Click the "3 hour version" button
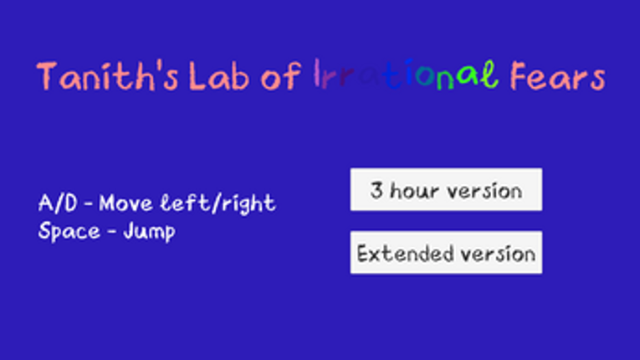coord(446,190)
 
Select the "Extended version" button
coord(446,253)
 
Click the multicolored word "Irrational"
coord(405,77)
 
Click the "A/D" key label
coord(55,203)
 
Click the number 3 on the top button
coord(376,190)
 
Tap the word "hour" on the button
coord(414,190)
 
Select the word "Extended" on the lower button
coord(396,253)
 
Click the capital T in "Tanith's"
coord(48,77)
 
